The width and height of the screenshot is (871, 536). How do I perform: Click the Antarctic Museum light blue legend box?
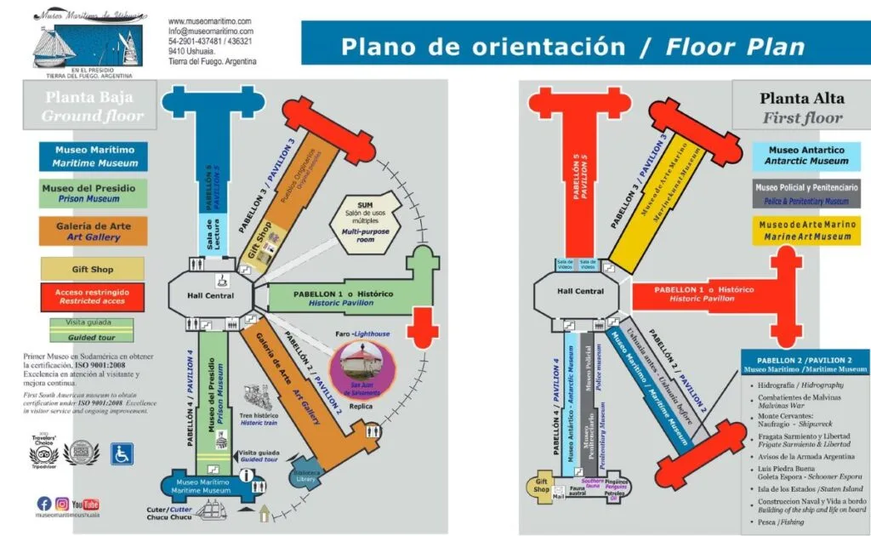(x=806, y=155)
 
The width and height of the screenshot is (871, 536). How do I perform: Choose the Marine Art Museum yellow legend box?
(x=806, y=231)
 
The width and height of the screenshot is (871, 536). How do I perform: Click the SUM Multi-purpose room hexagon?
(x=364, y=224)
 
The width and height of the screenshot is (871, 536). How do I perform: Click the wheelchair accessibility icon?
(x=122, y=454)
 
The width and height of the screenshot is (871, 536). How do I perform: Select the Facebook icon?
(x=43, y=504)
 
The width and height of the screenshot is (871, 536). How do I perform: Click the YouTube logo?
(x=86, y=504)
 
